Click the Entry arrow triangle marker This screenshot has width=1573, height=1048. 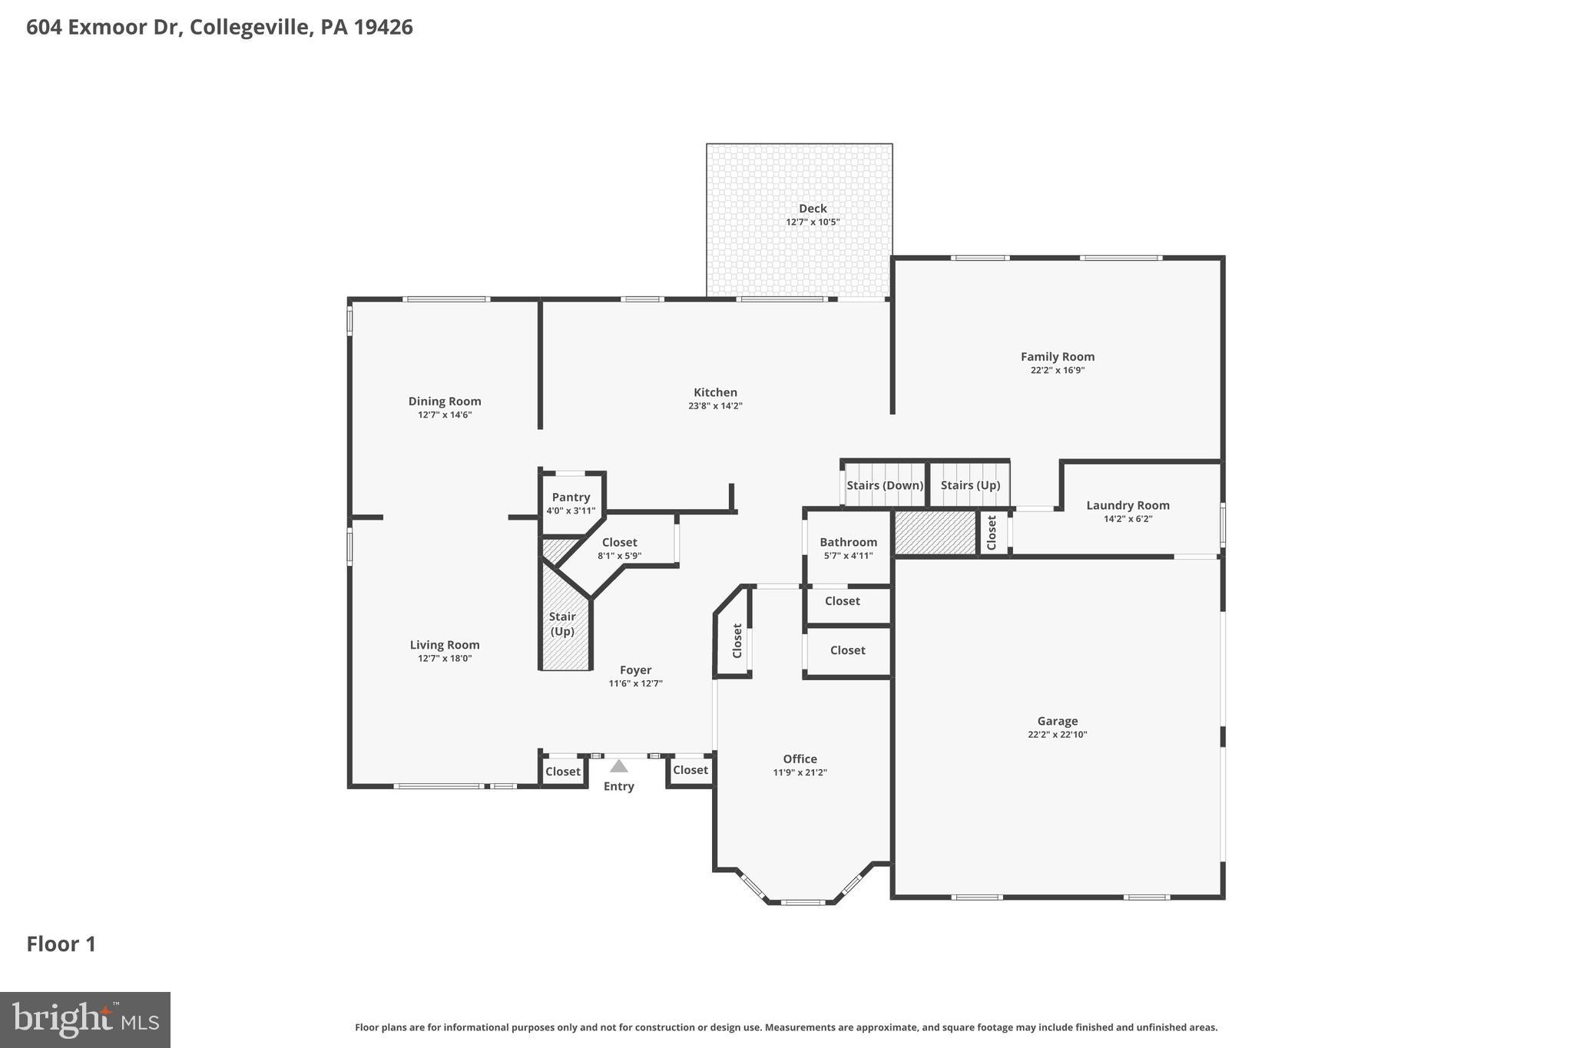tap(618, 766)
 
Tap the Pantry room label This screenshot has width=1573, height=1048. tap(571, 498)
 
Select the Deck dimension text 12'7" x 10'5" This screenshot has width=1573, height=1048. tap(813, 222)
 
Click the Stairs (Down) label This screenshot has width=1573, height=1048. tap(885, 485)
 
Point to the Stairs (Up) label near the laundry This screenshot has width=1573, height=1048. tap(970, 485)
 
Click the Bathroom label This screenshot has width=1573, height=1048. tap(848, 542)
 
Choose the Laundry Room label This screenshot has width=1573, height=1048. tap(1128, 505)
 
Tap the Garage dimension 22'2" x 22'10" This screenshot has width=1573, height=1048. tap(1057, 735)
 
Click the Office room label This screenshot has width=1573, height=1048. tap(800, 759)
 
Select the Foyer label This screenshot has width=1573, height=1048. tap(635, 670)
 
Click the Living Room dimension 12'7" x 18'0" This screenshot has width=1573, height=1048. tap(445, 659)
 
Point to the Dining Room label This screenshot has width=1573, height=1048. tap(445, 402)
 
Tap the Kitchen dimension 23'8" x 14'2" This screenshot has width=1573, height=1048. tap(715, 406)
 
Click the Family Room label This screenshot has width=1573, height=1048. tap(1057, 357)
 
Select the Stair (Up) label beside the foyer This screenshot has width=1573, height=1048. tap(562, 623)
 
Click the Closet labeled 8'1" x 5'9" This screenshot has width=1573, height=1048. tap(619, 543)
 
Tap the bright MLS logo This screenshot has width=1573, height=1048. tap(85, 1020)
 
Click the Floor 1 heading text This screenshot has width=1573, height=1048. tap(61, 944)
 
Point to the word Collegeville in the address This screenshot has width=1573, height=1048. tap(249, 28)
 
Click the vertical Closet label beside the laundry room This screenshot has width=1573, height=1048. tap(992, 532)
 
